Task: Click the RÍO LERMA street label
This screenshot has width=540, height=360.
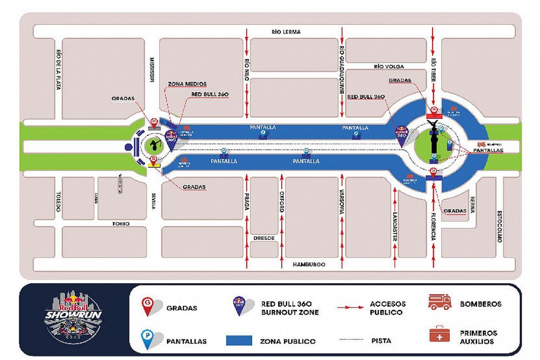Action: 286,32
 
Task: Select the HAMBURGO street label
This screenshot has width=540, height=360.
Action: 309,264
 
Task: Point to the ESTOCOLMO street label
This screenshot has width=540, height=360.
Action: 500,226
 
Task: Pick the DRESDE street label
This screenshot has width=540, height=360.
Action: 264,237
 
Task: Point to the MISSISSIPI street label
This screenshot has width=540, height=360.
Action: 153,70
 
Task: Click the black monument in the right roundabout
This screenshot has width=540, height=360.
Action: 433,140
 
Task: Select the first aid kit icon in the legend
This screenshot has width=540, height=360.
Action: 440,334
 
